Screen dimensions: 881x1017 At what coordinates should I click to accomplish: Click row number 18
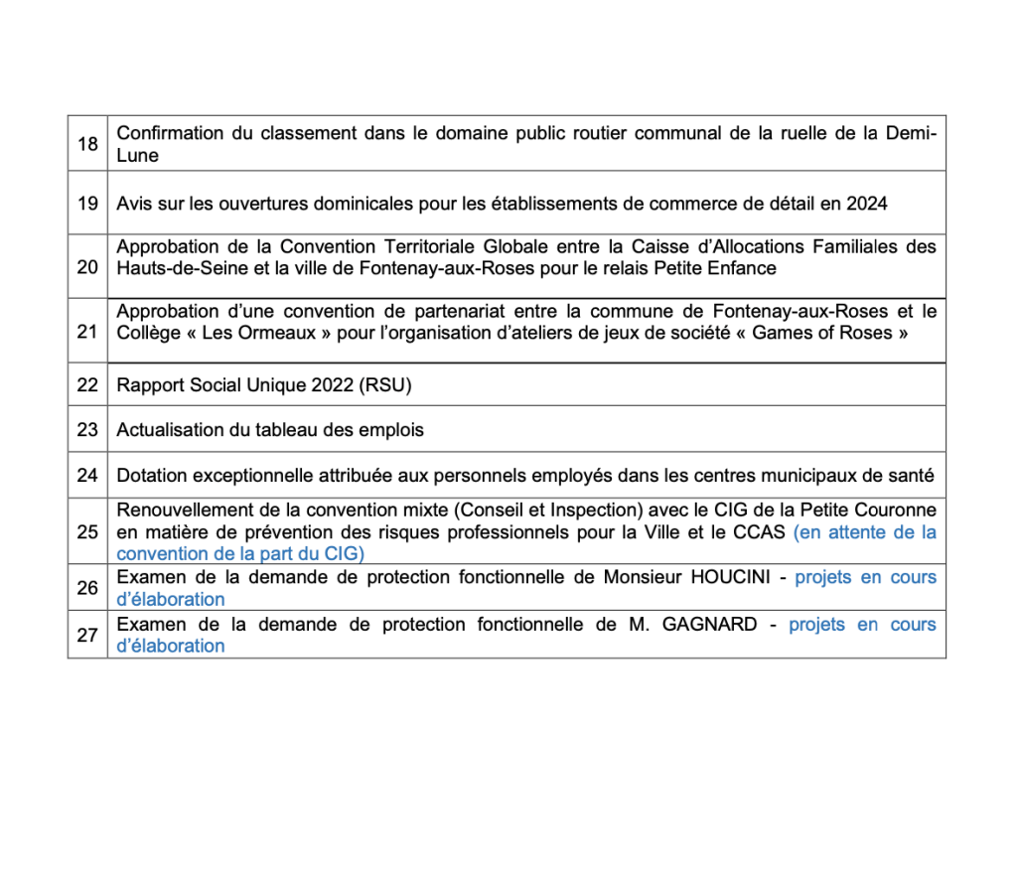click(87, 144)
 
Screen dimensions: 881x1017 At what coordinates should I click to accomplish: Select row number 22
click(87, 384)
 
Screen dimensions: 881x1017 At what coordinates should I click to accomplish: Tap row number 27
click(87, 635)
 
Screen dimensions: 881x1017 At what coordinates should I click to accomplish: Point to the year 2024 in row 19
click(867, 204)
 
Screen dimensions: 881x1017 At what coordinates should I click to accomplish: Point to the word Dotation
click(149, 475)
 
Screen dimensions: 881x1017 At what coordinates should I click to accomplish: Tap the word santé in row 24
click(914, 475)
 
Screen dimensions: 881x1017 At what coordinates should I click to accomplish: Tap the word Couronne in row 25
click(898, 511)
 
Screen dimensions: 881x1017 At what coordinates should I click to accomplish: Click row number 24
click(87, 475)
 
